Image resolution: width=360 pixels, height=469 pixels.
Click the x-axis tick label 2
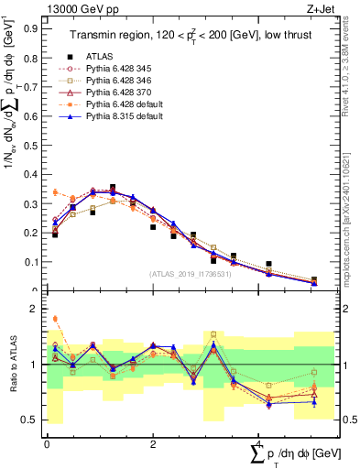pos(152,444)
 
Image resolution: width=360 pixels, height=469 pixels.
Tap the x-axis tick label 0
pos(47,444)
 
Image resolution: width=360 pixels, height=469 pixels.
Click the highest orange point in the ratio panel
pos(55,319)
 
